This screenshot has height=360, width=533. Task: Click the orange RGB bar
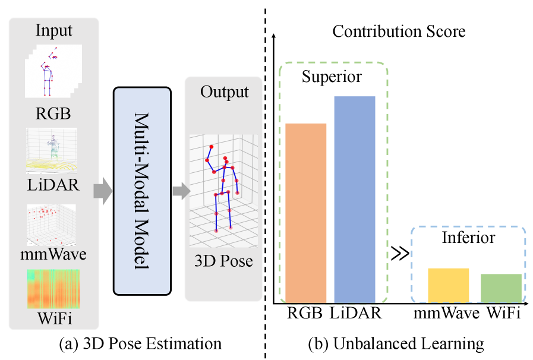click(x=306, y=213)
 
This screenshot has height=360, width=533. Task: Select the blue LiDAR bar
click(x=355, y=199)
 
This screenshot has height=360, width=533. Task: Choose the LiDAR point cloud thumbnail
click(x=52, y=149)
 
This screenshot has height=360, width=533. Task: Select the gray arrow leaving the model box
click(x=180, y=191)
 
